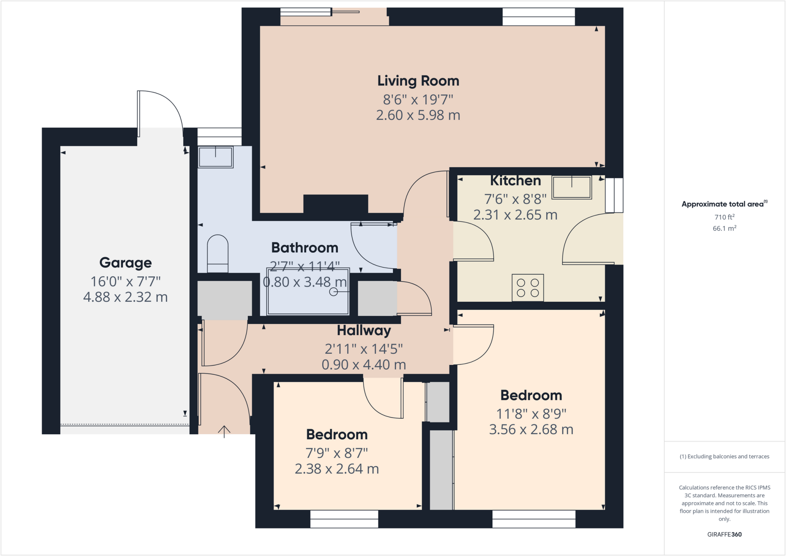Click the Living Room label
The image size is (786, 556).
pos(418,81)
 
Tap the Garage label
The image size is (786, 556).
pos(125,263)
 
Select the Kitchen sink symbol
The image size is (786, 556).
pos(571,187)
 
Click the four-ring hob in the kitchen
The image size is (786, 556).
pos(528,288)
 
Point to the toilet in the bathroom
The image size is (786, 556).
pos(218,254)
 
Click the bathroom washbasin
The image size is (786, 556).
pos(215,157)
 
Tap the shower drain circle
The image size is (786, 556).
pos(334,292)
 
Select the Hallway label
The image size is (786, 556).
pos(364,330)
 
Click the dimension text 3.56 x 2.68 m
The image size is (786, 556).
pos(531,429)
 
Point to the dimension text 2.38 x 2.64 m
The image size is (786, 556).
pos(337,469)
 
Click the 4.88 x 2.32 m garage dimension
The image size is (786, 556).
pos(125,297)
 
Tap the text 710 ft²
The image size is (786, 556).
pos(724,217)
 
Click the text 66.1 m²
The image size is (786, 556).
pos(724,228)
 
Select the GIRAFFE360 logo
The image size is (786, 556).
pos(724,535)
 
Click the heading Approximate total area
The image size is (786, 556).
pos(723,204)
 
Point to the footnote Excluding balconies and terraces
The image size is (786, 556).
pos(724,457)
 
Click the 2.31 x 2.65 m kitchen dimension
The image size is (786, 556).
pos(515,215)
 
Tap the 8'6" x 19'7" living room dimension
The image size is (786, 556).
pos(418,100)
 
